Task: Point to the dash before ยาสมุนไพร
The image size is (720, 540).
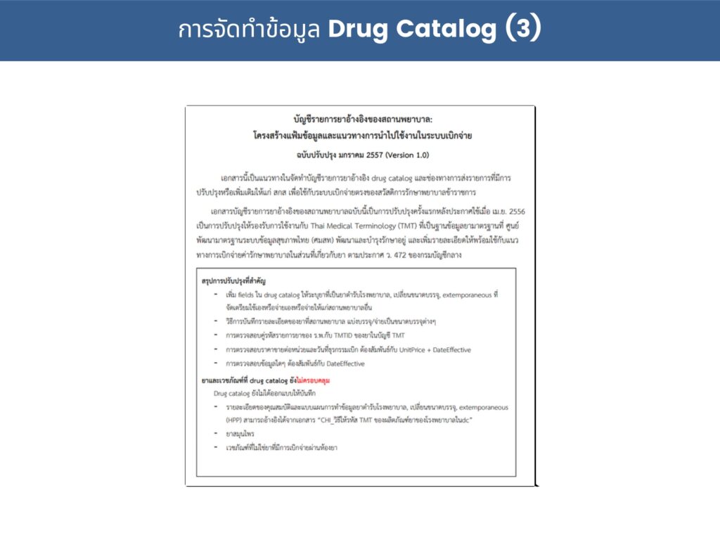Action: coord(216,434)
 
